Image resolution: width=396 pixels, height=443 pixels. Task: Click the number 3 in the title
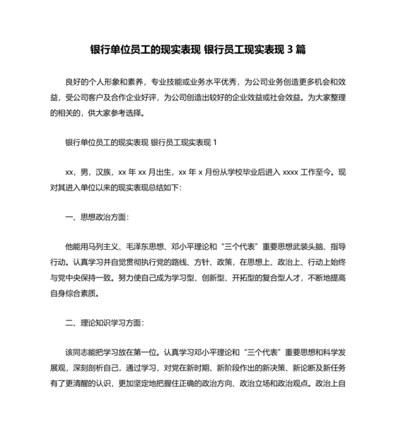tap(289, 50)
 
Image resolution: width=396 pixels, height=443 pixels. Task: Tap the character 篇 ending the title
tap(301, 50)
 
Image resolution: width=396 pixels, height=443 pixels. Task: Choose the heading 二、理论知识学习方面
tap(105, 323)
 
